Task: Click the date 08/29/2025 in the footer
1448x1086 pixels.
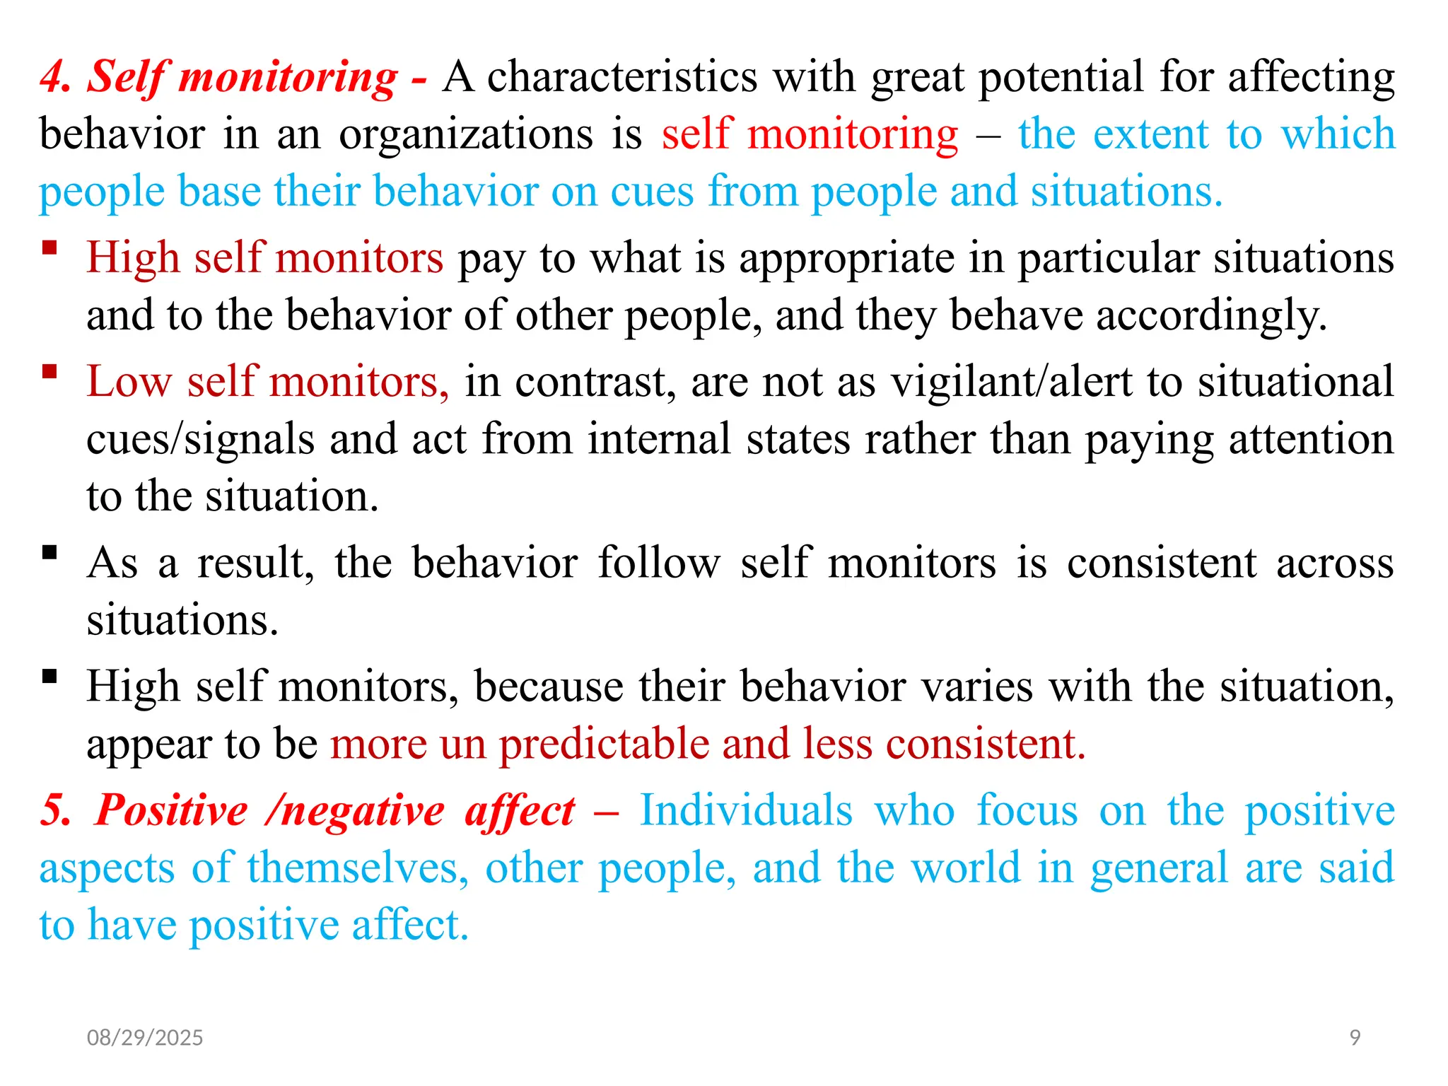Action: pyautogui.click(x=144, y=1037)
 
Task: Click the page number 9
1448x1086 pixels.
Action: pyautogui.click(x=1355, y=1037)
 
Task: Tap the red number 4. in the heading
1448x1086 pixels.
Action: pyautogui.click(x=56, y=76)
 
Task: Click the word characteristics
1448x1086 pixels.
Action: pyautogui.click(x=622, y=76)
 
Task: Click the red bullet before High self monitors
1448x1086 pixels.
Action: pyautogui.click(x=49, y=247)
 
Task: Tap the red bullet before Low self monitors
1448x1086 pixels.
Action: pyautogui.click(x=49, y=371)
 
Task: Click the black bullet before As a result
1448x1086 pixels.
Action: pyautogui.click(x=49, y=552)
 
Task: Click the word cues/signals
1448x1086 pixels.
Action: pyautogui.click(x=200, y=439)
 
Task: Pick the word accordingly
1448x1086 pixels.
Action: pyautogui.click(x=1211, y=315)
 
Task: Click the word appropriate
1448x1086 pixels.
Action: pyautogui.click(x=847, y=258)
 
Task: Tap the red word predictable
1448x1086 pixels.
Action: pyautogui.click(x=604, y=744)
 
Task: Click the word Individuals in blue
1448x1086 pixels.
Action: pyautogui.click(x=746, y=810)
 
